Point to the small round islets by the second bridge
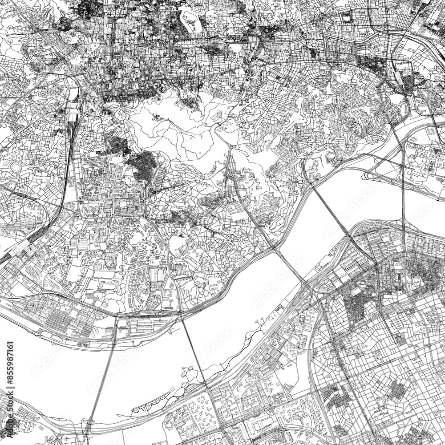click(189, 372)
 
